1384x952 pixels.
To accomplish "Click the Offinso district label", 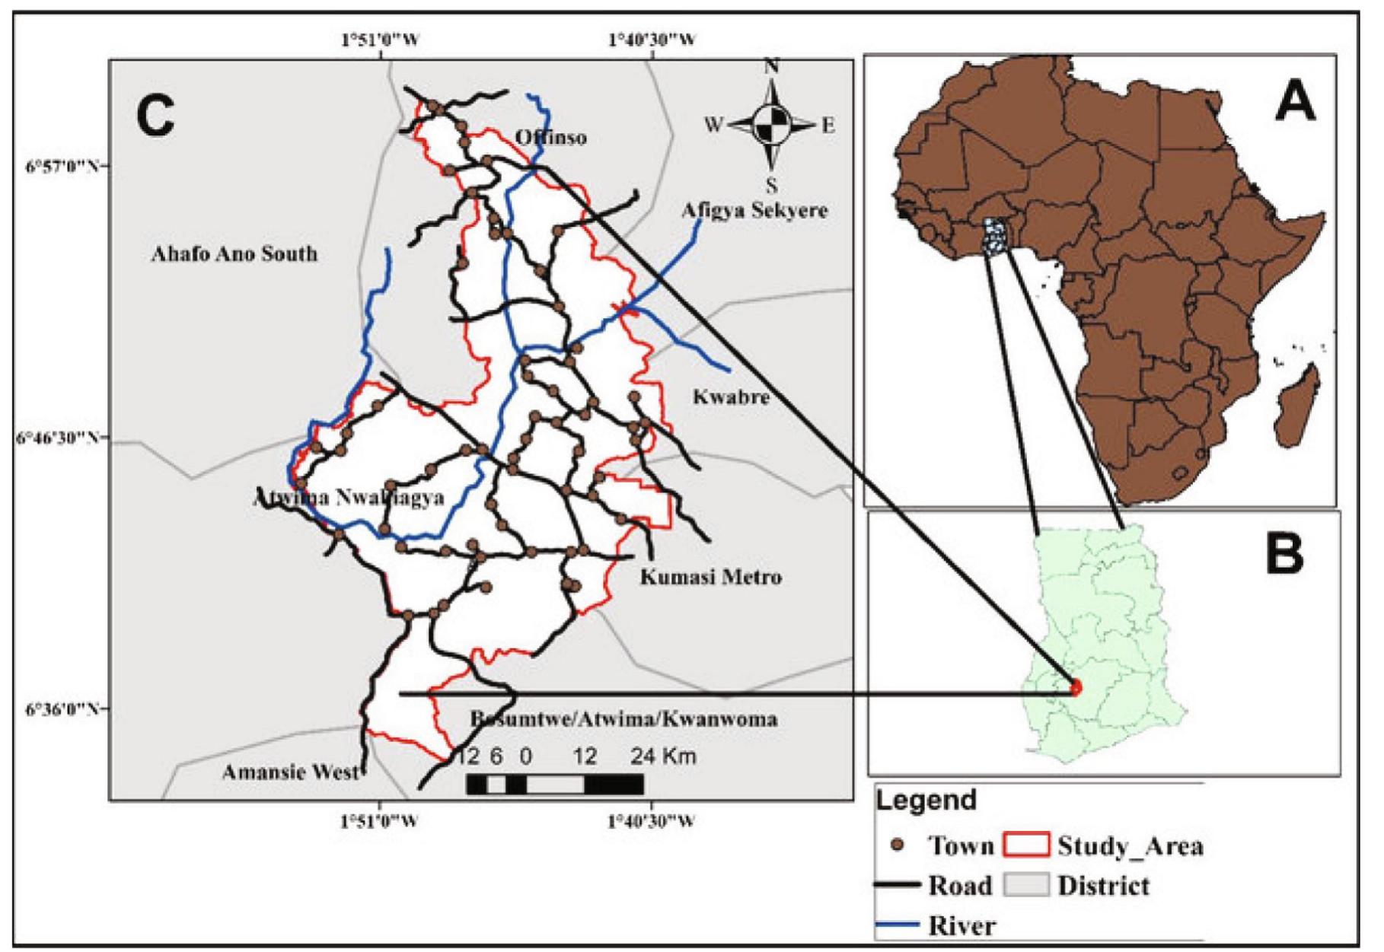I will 550,138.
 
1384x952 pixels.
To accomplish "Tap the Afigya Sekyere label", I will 754,210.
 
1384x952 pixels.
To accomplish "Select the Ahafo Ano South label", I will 234,253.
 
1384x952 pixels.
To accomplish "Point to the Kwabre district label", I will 731,396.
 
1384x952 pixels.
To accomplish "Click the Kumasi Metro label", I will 710,577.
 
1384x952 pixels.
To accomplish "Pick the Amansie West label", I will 290,772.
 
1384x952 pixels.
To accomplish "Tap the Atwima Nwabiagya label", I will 348,498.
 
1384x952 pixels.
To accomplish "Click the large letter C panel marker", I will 155,116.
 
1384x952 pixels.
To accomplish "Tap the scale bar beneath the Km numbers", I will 555,784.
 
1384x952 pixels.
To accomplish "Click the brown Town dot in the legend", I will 898,845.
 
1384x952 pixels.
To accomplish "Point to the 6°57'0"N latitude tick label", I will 57,166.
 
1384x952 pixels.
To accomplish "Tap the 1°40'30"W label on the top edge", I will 651,40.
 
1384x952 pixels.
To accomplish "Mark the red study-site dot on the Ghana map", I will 1075,688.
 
